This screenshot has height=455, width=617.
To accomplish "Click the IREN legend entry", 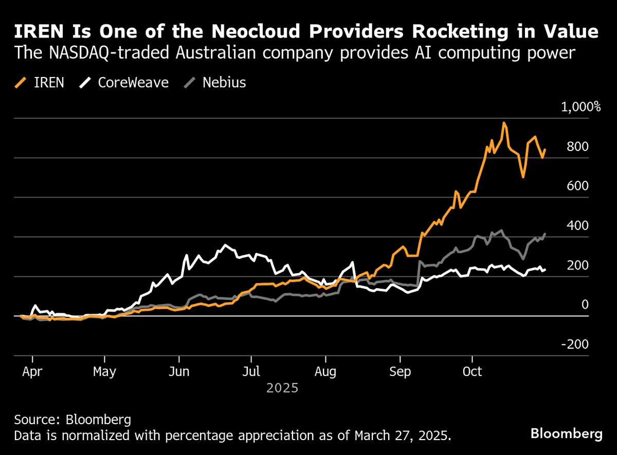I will pyautogui.click(x=41, y=83).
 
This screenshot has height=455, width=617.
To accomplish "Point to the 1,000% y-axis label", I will pyautogui.click(x=581, y=107).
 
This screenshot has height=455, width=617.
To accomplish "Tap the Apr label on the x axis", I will pyautogui.click(x=31, y=371).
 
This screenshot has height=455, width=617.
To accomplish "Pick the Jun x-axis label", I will pyautogui.click(x=179, y=371).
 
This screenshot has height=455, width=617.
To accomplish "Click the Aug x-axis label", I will pyautogui.click(x=325, y=371).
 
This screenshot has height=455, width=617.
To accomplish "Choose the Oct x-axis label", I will pyautogui.click(x=472, y=371).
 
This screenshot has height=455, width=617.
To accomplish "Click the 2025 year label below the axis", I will pyautogui.click(x=282, y=388).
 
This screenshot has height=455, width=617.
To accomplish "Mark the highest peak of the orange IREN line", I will pyautogui.click(x=504, y=123).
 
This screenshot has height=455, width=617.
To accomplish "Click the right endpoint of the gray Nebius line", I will pyautogui.click(x=545, y=234).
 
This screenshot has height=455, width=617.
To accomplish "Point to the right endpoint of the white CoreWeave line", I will pyautogui.click(x=545, y=269).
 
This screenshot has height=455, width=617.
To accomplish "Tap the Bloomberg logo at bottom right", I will pyautogui.click(x=566, y=434).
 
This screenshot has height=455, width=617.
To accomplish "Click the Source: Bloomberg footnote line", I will pyautogui.click(x=72, y=419).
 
